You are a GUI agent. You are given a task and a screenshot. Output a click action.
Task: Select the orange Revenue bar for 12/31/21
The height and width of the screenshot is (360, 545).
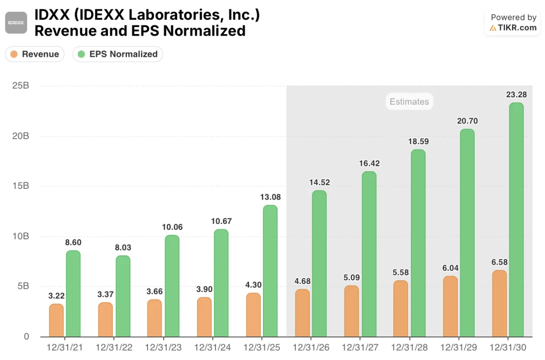[56, 320]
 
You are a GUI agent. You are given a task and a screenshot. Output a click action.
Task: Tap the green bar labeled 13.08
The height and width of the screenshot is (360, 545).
[270, 271]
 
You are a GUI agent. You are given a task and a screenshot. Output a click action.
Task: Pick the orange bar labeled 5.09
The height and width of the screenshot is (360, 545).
[352, 311]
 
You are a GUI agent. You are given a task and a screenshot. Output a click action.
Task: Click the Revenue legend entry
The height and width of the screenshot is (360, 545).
[35, 54]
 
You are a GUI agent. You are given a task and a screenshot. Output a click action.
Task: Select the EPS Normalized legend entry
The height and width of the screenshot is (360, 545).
[118, 54]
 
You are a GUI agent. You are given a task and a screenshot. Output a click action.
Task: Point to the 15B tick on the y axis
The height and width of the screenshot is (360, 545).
[21, 186]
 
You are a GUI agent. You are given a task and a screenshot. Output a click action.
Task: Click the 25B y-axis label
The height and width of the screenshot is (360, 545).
[21, 86]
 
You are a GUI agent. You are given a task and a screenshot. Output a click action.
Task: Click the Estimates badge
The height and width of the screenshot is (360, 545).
[409, 102]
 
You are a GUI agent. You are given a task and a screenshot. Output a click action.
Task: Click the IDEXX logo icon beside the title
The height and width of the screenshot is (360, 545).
[16, 23]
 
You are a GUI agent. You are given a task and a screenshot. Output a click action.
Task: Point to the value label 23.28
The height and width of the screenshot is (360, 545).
[516, 95]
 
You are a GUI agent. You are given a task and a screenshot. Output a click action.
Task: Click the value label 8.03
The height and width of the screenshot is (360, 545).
[122, 247]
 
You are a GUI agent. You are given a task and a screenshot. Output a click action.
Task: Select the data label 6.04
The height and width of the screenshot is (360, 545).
[450, 267]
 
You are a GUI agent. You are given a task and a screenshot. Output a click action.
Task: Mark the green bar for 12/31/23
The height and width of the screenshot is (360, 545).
[172, 286]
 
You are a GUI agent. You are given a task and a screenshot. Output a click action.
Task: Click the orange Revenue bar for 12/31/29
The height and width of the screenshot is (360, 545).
[450, 306]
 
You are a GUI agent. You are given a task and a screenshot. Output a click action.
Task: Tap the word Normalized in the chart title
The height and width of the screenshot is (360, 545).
[204, 31]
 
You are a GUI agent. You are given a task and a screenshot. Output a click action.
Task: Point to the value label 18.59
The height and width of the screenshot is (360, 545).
[418, 141]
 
